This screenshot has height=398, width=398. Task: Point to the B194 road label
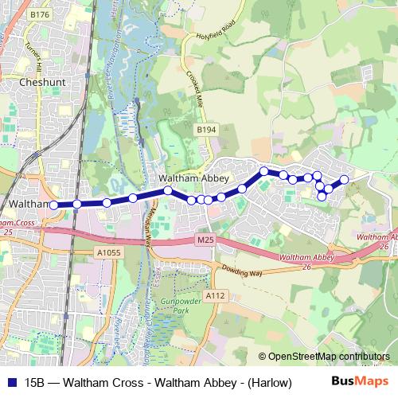[x=206, y=129]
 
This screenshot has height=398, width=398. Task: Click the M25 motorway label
[x=205, y=239]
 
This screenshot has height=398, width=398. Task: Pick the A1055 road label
[x=109, y=252]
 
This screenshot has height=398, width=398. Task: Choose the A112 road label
[x=214, y=295]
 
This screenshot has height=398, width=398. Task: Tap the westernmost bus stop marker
[x=54, y=205]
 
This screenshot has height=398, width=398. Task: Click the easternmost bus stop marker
[x=345, y=179]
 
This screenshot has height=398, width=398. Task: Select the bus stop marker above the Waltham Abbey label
[x=168, y=190]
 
